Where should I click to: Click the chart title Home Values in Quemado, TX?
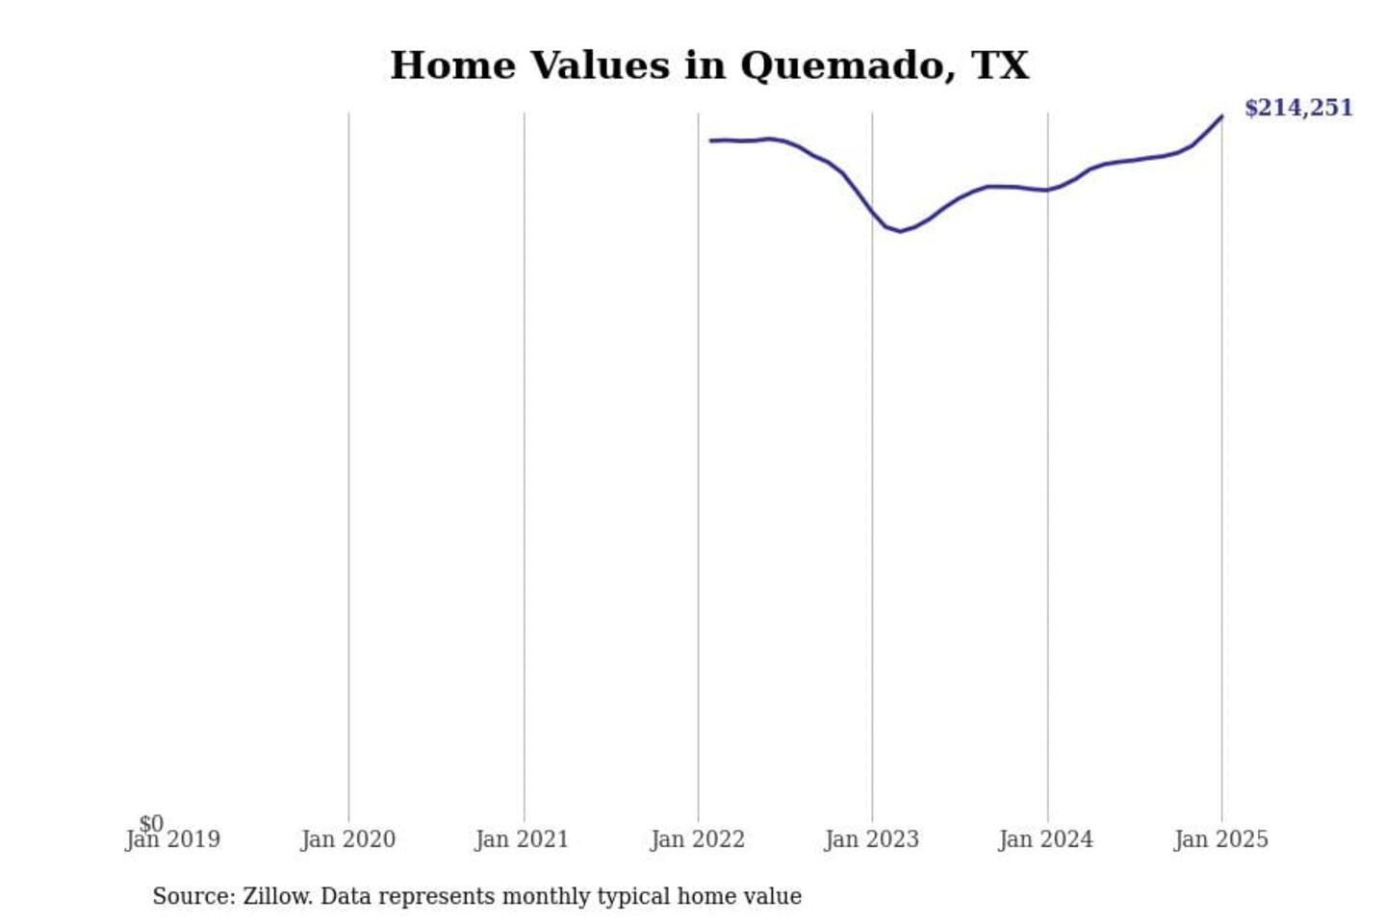[709, 65]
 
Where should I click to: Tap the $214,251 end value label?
[1298, 108]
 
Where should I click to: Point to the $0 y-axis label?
[151, 823]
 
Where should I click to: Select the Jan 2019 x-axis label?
[173, 840]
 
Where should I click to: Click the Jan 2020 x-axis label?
[347, 840]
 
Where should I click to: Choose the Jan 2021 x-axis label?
[522, 840]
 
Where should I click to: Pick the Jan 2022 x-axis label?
[697, 840]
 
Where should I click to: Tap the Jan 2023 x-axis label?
[871, 840]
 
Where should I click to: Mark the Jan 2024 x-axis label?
[1045, 840]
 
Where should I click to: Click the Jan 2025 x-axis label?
[1220, 840]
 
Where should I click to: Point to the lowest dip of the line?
[900, 231]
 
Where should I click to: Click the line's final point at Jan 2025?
[1221, 116]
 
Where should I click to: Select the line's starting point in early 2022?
[711, 141]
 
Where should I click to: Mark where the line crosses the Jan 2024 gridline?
[1048, 190]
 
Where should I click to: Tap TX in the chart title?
[1001, 65]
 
